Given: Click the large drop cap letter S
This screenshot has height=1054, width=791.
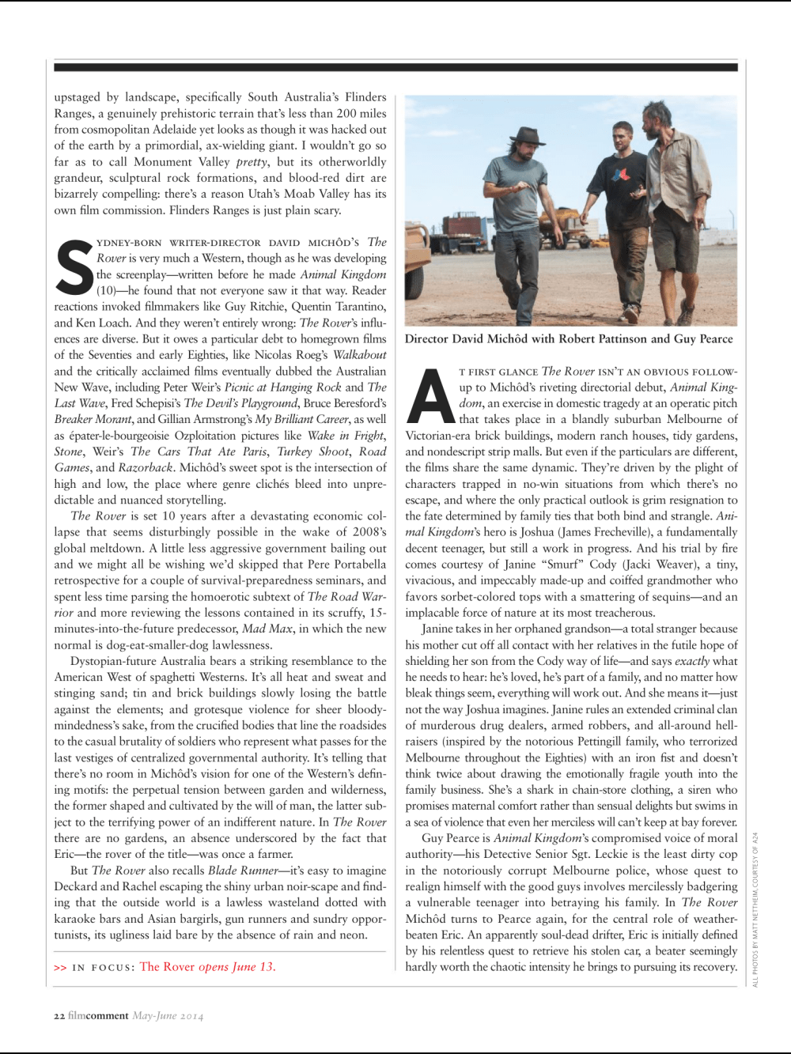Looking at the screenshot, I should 76,269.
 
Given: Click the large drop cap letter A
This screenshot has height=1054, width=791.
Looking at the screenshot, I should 430,395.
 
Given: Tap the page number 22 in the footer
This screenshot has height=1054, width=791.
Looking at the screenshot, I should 59,1015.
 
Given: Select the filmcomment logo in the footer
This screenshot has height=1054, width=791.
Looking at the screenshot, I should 98,1015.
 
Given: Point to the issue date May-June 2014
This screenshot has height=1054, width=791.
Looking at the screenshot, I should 168,1015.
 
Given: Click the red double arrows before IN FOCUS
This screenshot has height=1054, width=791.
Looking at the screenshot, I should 60,967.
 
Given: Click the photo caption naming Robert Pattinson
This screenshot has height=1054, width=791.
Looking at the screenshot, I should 569,338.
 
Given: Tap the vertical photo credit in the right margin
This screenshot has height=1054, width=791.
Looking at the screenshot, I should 755,909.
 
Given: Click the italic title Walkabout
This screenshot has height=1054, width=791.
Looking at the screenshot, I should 359,354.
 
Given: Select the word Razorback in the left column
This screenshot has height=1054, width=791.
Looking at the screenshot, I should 146,467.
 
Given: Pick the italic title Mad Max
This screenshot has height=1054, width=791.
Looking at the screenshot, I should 265,629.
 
